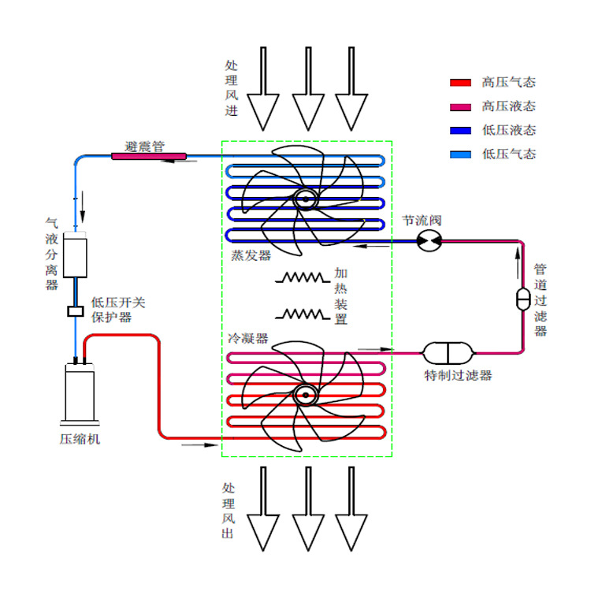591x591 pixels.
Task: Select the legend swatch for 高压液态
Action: (x=459, y=106)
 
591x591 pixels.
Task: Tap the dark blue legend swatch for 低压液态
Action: (x=459, y=130)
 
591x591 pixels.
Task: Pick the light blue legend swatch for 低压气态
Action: (x=459, y=154)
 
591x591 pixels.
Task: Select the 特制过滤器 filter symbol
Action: (x=447, y=351)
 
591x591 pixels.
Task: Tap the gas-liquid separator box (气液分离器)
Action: (x=75, y=254)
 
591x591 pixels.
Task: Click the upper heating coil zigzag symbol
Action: (x=302, y=277)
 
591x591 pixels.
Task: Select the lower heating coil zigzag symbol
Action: (x=302, y=314)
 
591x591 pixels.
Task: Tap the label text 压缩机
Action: (x=80, y=438)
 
